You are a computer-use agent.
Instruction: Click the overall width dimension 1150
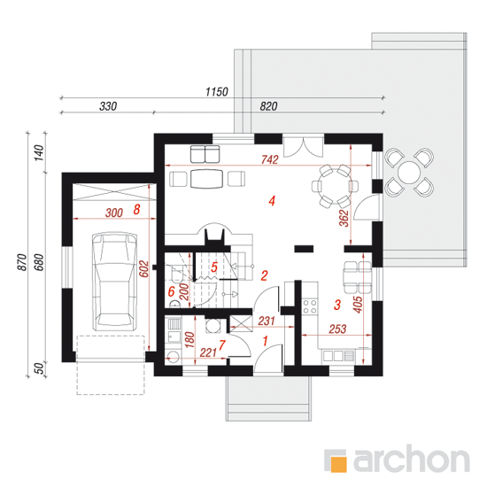(x=217, y=92)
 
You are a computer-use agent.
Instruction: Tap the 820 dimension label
(x=268, y=106)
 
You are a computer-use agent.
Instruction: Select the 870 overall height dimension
(x=22, y=262)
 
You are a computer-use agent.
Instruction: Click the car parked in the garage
(x=114, y=281)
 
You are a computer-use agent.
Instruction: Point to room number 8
(x=136, y=210)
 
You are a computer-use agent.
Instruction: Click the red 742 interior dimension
(x=269, y=159)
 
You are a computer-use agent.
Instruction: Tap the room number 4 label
(x=272, y=201)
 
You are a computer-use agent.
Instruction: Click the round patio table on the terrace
(x=409, y=173)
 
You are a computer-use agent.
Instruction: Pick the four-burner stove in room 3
(x=310, y=306)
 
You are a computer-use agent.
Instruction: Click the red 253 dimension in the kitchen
(x=337, y=329)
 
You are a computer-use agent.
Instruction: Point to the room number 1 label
(x=265, y=341)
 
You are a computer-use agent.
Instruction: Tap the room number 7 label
(x=221, y=345)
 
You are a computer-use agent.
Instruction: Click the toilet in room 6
(x=176, y=274)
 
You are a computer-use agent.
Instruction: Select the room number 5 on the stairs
(x=214, y=267)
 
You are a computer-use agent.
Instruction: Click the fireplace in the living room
(x=214, y=234)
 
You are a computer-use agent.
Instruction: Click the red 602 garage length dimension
(x=143, y=269)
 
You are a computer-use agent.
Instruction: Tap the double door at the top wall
(x=303, y=146)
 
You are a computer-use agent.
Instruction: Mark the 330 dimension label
(x=108, y=106)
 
